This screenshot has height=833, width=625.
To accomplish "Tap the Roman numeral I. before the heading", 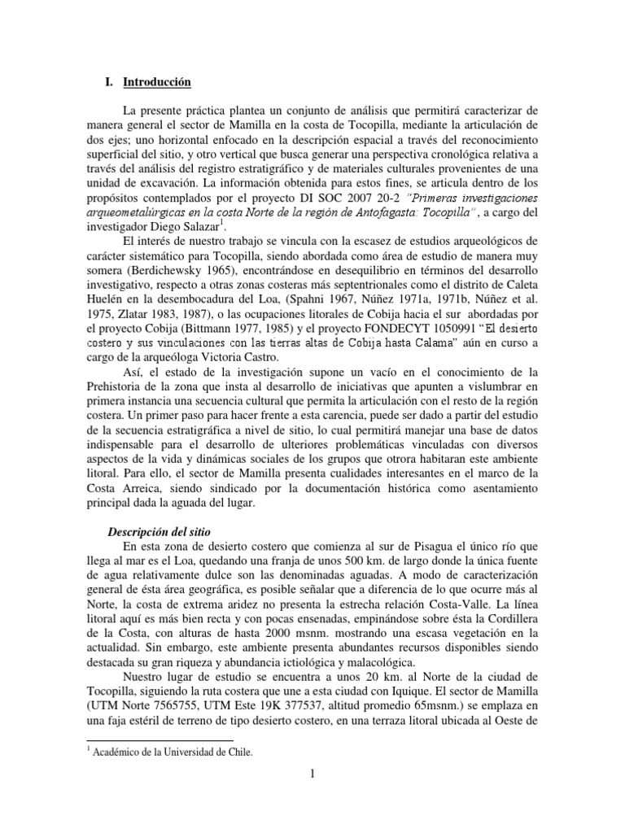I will tap(110, 82).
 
